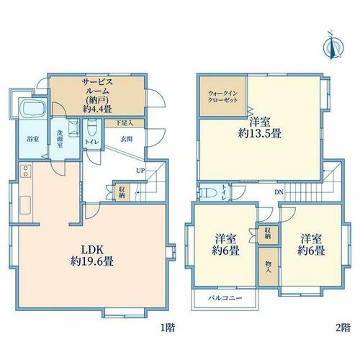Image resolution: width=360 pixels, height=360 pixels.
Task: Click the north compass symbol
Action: (333, 45)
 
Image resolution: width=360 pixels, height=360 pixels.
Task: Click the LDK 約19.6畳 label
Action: (92, 256)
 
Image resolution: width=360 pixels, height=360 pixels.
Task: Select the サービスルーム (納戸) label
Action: (97, 96)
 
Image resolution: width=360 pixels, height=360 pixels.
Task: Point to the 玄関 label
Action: (127, 139)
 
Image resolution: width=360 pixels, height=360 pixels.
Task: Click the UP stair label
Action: (140, 171)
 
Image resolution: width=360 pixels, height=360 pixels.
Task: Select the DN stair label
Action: (279, 192)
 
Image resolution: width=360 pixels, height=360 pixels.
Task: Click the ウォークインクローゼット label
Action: (222, 96)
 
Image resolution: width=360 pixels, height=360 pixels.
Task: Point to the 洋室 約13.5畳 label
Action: (260, 128)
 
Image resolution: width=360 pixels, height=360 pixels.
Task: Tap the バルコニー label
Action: (225, 298)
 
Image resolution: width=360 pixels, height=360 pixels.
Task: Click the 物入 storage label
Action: (268, 266)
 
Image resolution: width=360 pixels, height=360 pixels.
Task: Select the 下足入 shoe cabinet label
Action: (125, 123)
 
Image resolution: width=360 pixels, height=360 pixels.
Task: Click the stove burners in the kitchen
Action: (25, 171)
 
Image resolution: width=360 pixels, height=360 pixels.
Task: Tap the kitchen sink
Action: (25, 205)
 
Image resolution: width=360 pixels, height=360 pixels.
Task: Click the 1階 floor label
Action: (168, 328)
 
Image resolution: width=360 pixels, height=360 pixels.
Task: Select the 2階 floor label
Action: (343, 328)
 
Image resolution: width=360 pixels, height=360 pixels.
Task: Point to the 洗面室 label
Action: (59, 139)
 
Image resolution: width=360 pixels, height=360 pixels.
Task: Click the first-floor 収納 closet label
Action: (122, 192)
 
